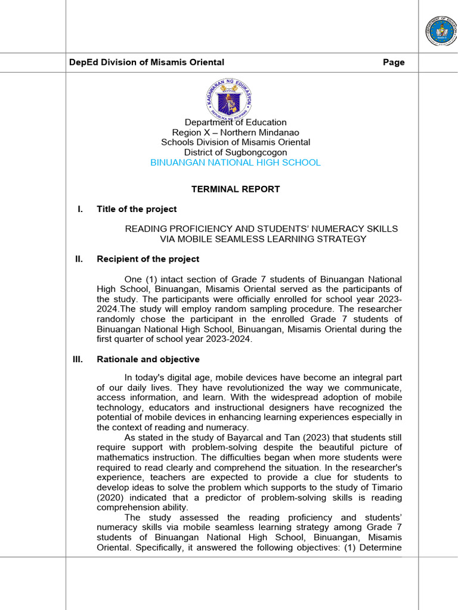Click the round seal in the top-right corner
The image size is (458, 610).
(440, 31)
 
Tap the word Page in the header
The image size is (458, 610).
(394, 63)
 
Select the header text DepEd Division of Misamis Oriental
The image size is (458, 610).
(147, 63)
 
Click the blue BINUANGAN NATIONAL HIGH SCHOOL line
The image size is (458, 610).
(235, 163)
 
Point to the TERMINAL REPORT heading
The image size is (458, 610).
(235, 189)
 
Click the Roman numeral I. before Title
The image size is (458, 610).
(80, 209)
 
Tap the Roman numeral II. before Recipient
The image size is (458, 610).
(79, 259)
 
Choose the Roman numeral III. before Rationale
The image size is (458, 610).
(78, 360)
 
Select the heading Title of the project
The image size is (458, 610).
(137, 209)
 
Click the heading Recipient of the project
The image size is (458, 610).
(148, 259)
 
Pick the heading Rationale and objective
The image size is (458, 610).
(148, 360)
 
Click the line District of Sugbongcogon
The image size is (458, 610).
(235, 152)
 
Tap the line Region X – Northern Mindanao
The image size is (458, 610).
(235, 132)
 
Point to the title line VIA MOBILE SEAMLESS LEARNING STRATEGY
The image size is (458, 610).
(263, 239)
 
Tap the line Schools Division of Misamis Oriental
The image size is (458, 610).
(235, 142)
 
